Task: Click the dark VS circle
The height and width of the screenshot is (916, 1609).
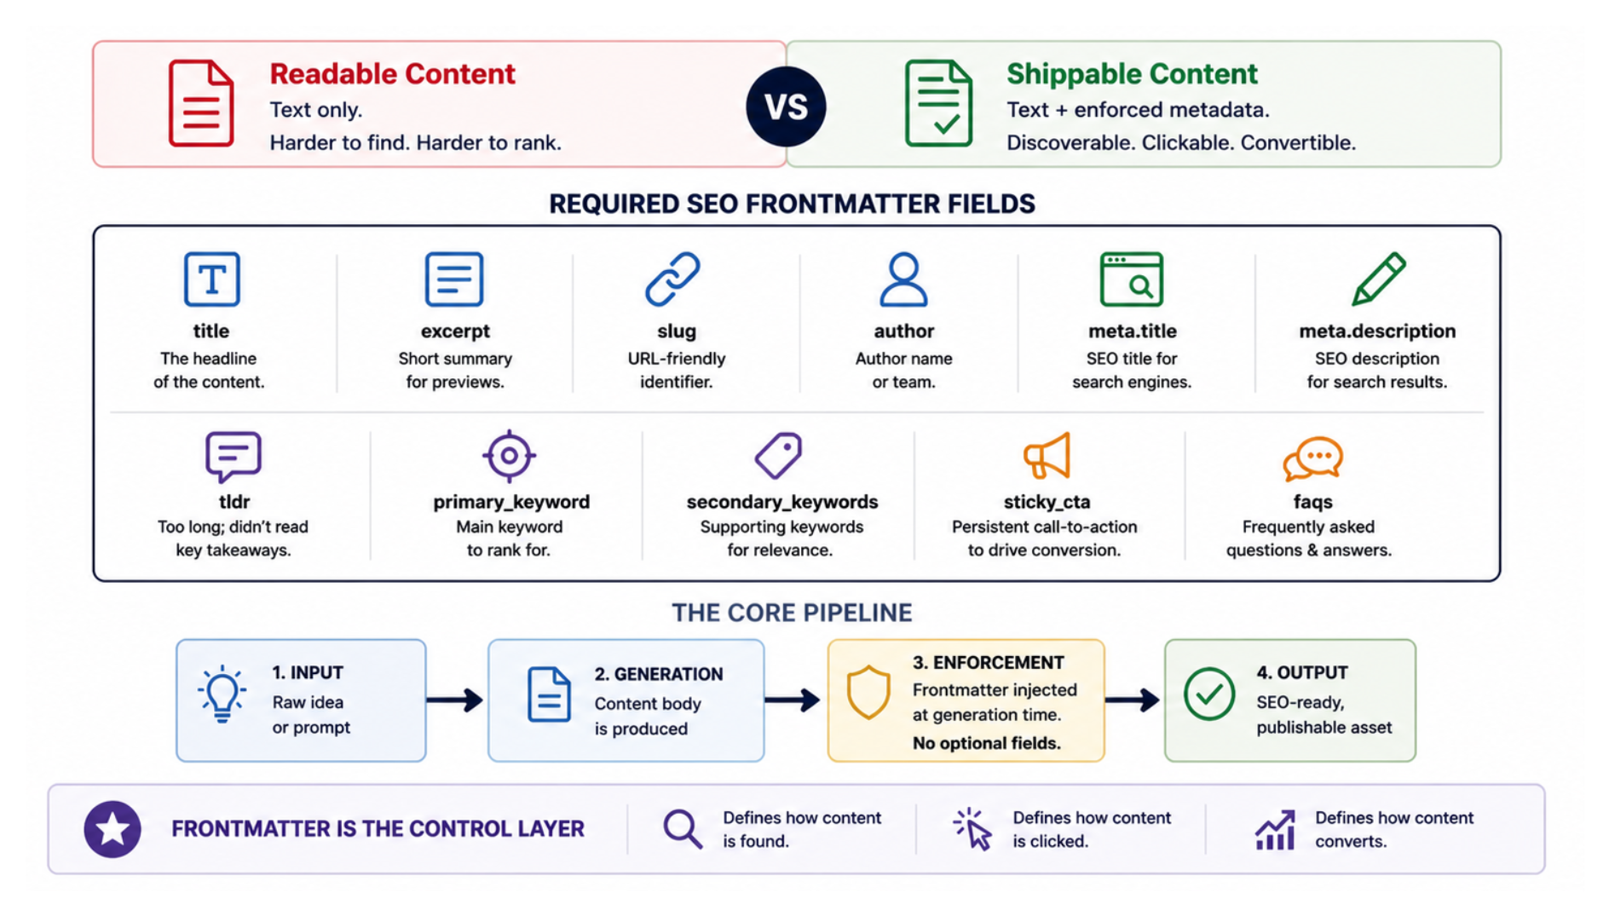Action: click(786, 107)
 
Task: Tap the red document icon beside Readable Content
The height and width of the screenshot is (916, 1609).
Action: click(201, 103)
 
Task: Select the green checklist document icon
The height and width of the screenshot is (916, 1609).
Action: click(938, 103)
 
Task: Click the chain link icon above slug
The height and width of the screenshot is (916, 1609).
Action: click(672, 279)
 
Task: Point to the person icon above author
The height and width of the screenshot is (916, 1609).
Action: click(903, 279)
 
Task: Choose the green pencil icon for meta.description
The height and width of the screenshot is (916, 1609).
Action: click(1378, 279)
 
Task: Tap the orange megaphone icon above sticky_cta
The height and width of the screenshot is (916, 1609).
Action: click(1047, 456)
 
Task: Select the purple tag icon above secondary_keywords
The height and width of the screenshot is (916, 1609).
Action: click(778, 456)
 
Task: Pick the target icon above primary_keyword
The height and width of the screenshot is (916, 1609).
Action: click(509, 456)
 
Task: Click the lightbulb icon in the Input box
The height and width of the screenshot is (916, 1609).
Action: click(222, 694)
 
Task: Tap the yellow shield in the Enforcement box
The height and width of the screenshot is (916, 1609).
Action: click(868, 693)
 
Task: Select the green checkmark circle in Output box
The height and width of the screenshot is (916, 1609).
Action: click(1208, 694)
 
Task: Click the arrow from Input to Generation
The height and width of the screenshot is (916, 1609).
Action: click(455, 700)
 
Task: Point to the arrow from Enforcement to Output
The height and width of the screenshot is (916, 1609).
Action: click(1133, 700)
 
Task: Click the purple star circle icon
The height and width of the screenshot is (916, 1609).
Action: click(112, 829)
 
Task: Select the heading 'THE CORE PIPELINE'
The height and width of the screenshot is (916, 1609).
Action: click(792, 613)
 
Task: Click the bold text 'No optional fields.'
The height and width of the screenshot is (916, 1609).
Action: click(987, 743)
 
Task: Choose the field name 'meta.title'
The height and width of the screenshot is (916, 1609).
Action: click(1132, 331)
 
